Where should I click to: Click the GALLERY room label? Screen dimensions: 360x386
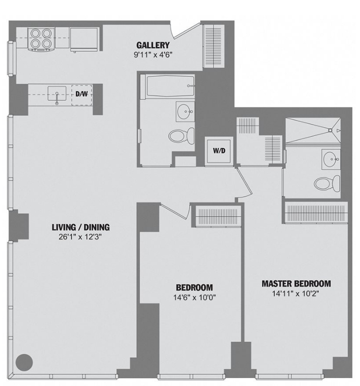point(153,46)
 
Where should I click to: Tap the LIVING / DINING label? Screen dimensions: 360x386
point(81,227)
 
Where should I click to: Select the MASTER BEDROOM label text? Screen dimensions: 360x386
point(296,284)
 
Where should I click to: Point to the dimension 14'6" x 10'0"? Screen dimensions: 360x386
point(195,297)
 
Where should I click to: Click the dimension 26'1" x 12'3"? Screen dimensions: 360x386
point(80,237)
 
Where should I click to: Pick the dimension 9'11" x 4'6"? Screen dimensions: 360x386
point(153,54)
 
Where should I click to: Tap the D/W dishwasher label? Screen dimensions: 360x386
point(81,94)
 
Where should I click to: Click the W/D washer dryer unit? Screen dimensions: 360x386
point(219,151)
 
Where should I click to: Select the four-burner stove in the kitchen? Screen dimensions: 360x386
point(42,40)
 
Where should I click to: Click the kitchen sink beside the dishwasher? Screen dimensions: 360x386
point(57,95)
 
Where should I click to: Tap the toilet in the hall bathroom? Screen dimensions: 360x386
point(182,135)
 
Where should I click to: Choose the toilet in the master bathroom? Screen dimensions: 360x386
point(327,184)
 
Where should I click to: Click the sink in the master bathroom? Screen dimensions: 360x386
point(331,159)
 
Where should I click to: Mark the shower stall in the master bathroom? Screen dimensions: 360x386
point(313,131)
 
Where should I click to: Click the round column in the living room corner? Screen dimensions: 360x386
point(24,362)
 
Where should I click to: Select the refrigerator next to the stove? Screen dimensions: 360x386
point(84,40)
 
